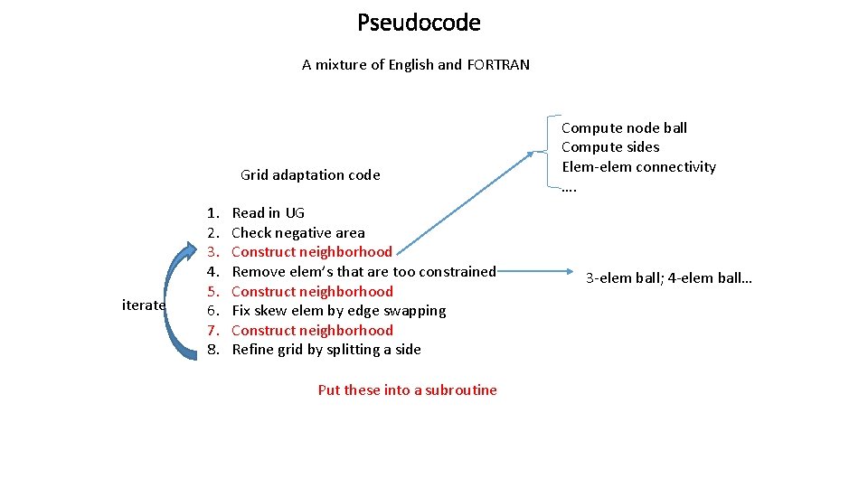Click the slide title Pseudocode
click(419, 23)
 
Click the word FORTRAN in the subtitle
click(497, 65)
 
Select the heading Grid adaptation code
click(310, 175)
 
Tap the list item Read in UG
click(268, 213)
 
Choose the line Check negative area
click(298, 233)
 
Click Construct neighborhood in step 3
click(312, 252)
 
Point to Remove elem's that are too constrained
click(363, 271)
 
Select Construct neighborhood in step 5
click(312, 291)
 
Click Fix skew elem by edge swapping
click(338, 311)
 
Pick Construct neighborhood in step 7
click(312, 330)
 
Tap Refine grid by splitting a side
click(325, 350)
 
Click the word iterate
click(144, 305)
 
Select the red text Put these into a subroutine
click(407, 390)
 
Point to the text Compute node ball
click(624, 128)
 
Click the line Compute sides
click(610, 147)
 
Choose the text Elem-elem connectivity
click(638, 167)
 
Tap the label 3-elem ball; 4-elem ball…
click(668, 278)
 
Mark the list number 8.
click(213, 350)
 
